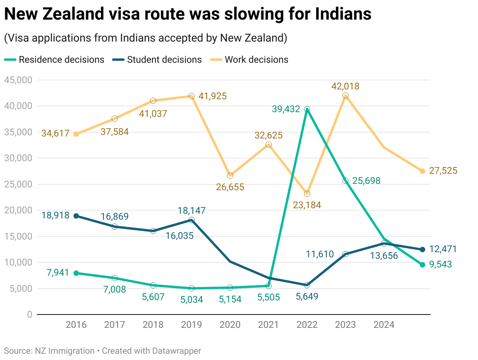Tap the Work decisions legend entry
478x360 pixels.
pos(256,60)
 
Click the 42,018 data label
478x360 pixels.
pos(345,86)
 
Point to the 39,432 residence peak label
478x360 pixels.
pos(286,109)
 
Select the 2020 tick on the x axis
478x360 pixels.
pos(230,325)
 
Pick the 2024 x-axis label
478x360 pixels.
pos(384,325)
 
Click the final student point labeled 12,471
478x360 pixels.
pos(422,249)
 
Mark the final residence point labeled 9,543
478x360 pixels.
pos(422,265)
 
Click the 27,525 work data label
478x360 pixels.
pos(443,171)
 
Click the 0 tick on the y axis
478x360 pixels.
pos(29,315)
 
